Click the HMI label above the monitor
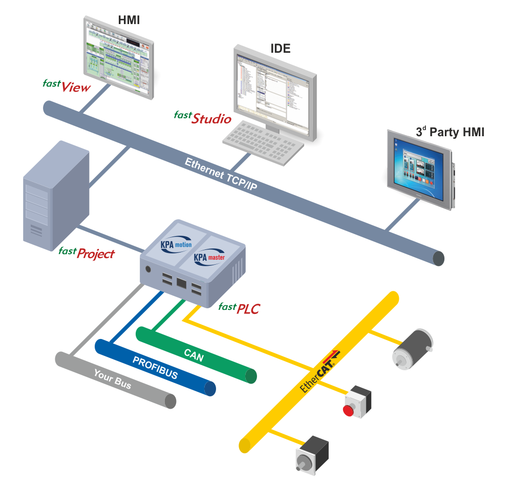[129, 20]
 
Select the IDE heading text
[280, 49]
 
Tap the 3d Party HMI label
[450, 132]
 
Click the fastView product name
[67, 86]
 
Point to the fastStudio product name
[203, 117]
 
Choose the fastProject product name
[87, 252]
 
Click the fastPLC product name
[239, 308]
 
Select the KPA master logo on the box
[209, 257]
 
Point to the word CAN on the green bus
[194, 355]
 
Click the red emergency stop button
[349, 410]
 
